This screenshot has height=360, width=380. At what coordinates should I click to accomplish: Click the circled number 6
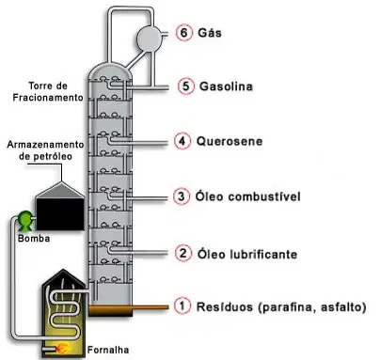[184, 33]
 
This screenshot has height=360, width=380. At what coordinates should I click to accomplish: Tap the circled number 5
[186, 86]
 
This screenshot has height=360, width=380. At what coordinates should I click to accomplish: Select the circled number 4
[182, 141]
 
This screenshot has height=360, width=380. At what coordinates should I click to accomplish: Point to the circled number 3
[182, 196]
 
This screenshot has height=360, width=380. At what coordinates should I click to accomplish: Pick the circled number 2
[183, 253]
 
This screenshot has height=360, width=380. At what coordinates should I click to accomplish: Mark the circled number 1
[182, 305]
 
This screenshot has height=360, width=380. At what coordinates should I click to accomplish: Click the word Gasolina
[226, 86]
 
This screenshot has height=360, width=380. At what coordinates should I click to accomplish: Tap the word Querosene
[230, 141]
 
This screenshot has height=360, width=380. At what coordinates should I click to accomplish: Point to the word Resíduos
[225, 306]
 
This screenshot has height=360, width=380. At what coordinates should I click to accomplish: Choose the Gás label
[210, 33]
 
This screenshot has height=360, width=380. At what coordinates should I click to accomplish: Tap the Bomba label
[34, 239]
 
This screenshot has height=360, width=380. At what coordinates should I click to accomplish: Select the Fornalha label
[108, 350]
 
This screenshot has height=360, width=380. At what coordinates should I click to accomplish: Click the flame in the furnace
[63, 348]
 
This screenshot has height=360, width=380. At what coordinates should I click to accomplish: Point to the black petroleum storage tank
[60, 206]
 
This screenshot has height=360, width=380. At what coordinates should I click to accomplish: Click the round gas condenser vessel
[150, 39]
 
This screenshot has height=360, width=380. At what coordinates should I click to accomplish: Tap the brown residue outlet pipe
[129, 307]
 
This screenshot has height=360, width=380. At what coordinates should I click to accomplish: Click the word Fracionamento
[48, 98]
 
